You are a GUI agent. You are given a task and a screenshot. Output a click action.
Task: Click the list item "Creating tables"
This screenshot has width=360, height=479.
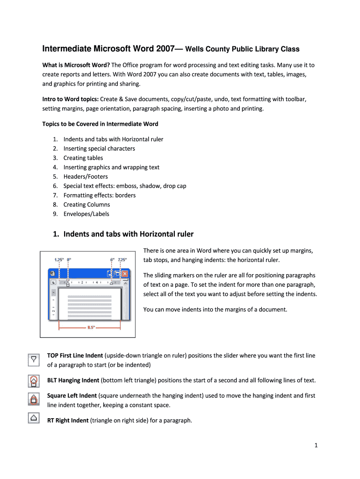(x=83, y=158)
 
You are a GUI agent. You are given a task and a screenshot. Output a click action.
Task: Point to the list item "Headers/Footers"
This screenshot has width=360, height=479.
(x=86, y=176)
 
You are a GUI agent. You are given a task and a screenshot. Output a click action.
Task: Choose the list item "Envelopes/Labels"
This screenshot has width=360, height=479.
(x=86, y=214)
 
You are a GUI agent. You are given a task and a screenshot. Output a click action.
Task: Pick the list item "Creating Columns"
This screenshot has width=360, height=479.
(x=86, y=204)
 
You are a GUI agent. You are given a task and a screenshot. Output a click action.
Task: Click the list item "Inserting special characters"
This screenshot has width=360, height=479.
(x=99, y=148)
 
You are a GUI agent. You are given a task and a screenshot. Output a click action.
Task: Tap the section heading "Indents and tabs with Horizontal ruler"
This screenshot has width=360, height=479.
(x=128, y=234)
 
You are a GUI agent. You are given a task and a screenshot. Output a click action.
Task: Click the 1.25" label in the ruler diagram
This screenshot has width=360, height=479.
(x=59, y=260)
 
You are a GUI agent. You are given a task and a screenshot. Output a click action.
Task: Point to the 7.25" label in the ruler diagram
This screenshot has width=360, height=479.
(x=122, y=260)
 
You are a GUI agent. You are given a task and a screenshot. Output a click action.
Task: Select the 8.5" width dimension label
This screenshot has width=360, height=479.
(x=92, y=327)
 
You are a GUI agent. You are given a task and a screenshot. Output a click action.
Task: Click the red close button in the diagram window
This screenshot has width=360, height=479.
(x=124, y=274)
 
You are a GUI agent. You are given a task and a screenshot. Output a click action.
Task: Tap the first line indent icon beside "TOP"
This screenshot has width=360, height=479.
(x=34, y=360)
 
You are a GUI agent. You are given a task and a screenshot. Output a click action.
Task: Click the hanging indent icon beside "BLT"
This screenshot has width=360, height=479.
(x=34, y=380)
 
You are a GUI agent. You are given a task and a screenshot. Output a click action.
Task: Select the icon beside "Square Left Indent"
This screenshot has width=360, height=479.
(x=34, y=399)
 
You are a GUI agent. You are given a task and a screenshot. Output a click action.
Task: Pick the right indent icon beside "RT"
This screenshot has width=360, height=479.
(x=34, y=417)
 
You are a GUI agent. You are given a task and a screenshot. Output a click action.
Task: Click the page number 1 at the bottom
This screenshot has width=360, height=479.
(x=316, y=458)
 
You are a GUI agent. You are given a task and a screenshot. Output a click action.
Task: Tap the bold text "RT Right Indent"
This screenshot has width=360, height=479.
(x=68, y=421)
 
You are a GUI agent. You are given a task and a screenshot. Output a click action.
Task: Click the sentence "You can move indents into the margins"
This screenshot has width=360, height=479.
(x=215, y=309)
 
